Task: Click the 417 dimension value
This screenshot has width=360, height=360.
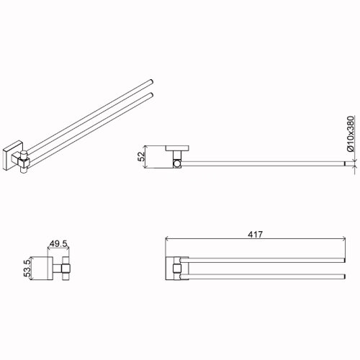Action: coord(255,234)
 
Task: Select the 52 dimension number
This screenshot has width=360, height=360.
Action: coord(142,156)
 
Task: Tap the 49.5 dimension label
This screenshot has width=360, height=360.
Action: coord(58,244)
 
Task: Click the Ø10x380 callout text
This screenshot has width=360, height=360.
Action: coord(351,133)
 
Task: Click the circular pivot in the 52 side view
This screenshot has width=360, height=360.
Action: coord(177,164)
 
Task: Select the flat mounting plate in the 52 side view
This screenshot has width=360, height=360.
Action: coord(177,148)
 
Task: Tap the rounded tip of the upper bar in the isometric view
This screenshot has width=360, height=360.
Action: coord(151,81)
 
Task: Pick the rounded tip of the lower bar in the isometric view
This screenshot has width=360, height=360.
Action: coord(151,94)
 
